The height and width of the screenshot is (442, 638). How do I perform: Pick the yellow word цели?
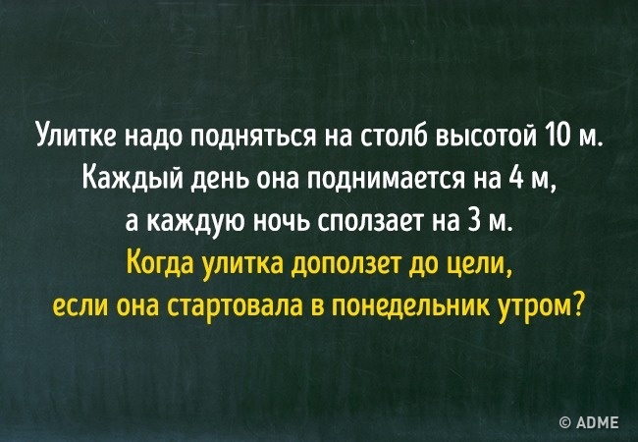click(x=476, y=266)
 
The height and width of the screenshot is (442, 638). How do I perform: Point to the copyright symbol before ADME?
click(x=566, y=423)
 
